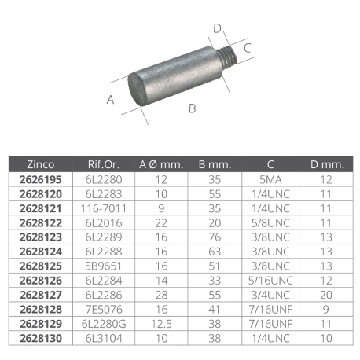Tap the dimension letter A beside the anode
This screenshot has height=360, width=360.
click(x=111, y=99)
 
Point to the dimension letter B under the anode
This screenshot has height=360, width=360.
click(x=192, y=108)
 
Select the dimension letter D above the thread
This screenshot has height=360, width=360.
click(x=217, y=30)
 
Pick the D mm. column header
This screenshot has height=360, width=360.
click(x=326, y=164)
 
